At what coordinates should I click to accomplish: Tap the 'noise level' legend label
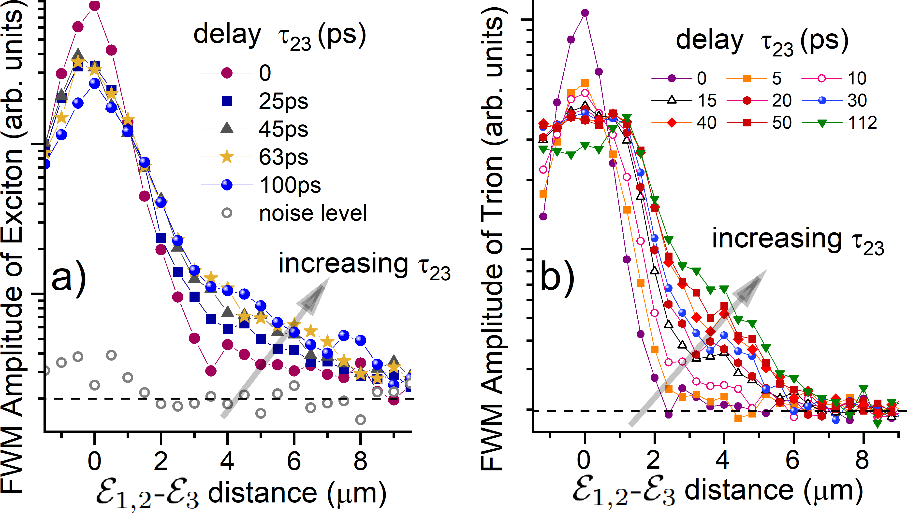point(313,213)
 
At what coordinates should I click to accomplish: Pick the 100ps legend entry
point(261,185)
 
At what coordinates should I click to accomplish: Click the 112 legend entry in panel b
point(840,123)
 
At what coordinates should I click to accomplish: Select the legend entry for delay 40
point(684,123)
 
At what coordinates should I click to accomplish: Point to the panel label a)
point(69,278)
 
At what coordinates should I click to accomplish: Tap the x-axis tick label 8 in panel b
point(862,460)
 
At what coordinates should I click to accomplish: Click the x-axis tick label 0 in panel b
point(584,460)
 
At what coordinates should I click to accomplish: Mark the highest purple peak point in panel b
point(585,13)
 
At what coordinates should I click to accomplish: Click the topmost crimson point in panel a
point(95,6)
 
